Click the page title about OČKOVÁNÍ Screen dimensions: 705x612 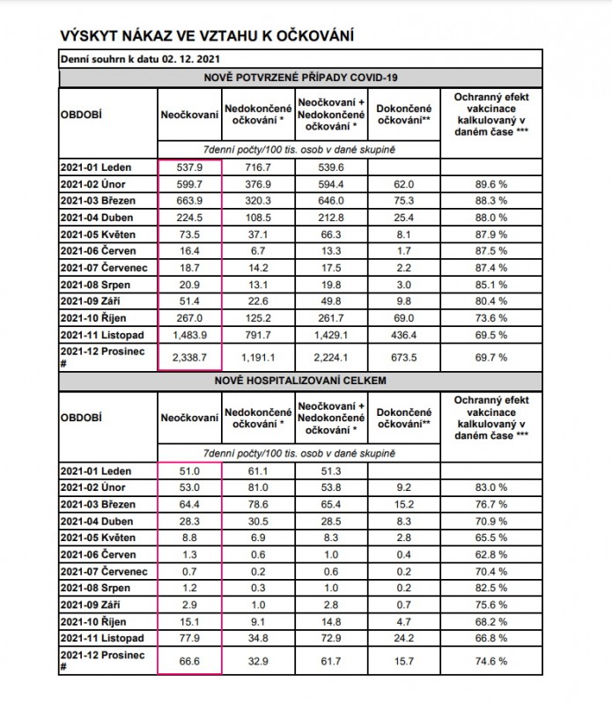pyautogui.click(x=208, y=35)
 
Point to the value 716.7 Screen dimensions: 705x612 pyautogui.click(x=257, y=167)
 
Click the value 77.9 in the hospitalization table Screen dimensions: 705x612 pyautogui.click(x=189, y=637)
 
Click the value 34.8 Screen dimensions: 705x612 pyautogui.click(x=257, y=637)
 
